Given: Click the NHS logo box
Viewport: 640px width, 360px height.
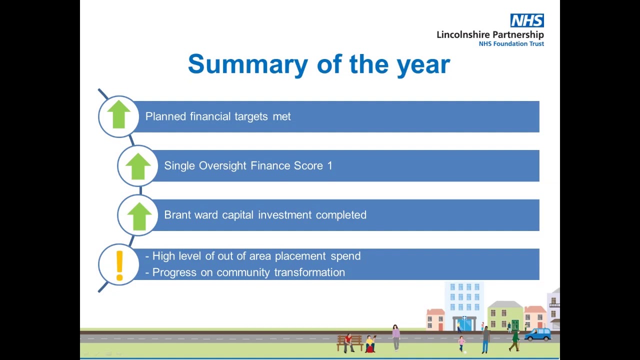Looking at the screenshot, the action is click(527, 20).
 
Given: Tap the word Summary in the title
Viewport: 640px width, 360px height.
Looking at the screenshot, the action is click(248, 65).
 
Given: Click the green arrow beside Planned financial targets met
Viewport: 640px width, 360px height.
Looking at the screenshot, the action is click(119, 114).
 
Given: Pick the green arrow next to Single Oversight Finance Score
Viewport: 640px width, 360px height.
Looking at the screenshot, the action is click(138, 166).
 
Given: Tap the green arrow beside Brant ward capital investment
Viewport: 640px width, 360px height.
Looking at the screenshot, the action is click(139, 216).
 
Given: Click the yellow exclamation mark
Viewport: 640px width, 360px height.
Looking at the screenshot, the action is click(119, 265).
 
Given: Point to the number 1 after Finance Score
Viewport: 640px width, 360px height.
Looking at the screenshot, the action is click(330, 165).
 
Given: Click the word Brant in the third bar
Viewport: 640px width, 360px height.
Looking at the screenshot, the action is click(177, 215).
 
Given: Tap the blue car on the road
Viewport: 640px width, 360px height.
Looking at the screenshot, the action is click(538, 334).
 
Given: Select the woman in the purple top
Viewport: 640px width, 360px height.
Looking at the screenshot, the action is click(395, 337).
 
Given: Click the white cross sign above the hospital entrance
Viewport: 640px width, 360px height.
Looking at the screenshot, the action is click(464, 317).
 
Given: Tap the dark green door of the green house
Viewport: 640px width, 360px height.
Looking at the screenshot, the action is click(515, 325).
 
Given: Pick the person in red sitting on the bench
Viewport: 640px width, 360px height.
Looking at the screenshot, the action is click(348, 342).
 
